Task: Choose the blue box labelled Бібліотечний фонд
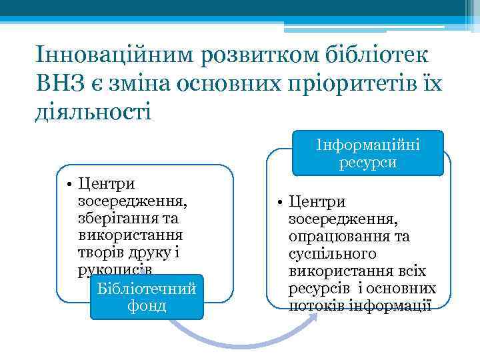click(x=146, y=297)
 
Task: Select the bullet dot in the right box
click(x=281, y=202)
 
